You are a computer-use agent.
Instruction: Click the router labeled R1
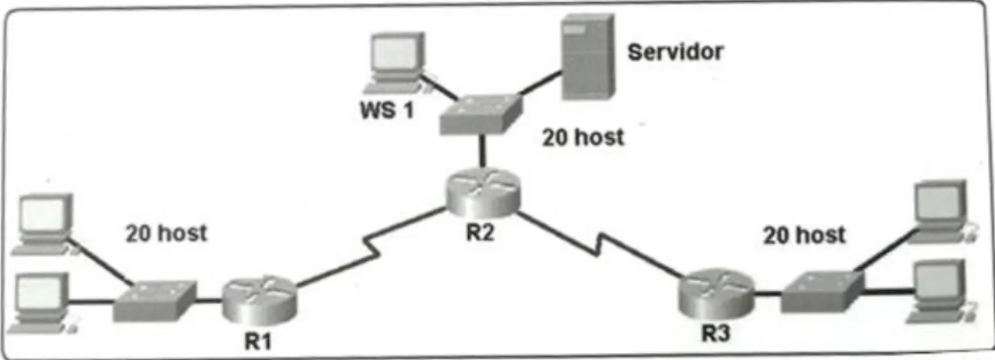[259, 299]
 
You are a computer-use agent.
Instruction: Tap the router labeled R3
[716, 294]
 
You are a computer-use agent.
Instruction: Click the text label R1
[258, 342]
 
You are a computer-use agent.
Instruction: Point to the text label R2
[480, 233]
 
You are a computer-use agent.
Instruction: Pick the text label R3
[716, 334]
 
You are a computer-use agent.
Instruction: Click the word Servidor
[675, 52]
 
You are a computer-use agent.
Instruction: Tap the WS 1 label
[388, 111]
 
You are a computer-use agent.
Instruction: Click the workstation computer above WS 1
[394, 62]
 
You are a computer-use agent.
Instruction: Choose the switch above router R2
[481, 114]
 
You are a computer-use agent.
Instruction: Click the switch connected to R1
[154, 301]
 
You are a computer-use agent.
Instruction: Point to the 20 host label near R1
[166, 233]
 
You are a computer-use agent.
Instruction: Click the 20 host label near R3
[805, 235]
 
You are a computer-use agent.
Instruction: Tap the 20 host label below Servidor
[583, 137]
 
